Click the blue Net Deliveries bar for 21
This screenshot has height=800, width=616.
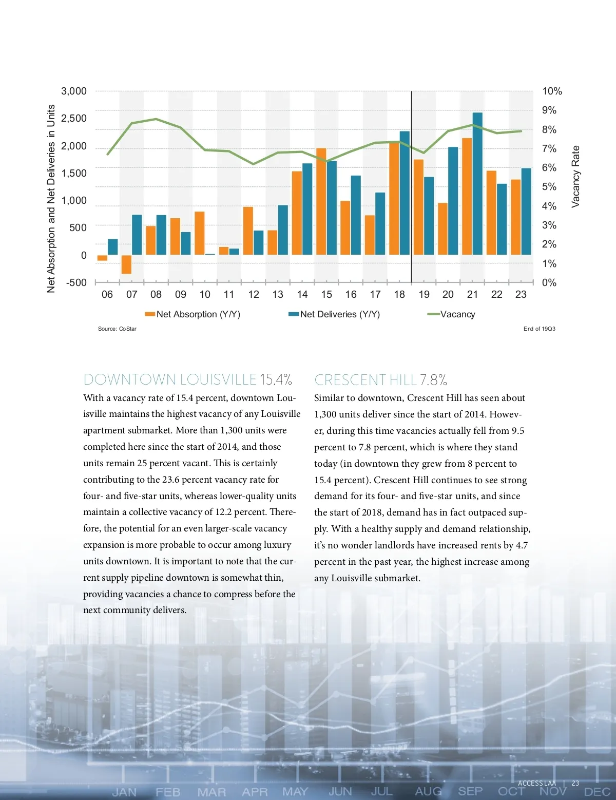point(477,183)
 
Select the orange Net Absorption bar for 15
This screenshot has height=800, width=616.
point(321,201)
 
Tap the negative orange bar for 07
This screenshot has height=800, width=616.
point(126,264)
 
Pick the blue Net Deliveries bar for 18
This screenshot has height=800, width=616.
point(405,193)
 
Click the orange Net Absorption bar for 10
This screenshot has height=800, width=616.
point(200,233)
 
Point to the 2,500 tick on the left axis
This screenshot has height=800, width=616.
point(74,119)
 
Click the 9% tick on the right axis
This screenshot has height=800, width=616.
point(549,110)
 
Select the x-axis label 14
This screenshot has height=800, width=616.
point(302,295)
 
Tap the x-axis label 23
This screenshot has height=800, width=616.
point(521,295)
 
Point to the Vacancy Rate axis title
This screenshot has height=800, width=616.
point(575,176)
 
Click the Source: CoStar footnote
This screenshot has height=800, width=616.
point(117,329)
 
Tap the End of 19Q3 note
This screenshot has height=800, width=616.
point(539,329)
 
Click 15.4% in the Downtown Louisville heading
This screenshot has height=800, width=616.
point(276,379)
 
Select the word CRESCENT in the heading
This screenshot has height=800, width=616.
point(350,380)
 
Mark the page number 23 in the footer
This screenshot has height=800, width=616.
point(575,783)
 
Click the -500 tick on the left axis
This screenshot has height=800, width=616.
point(76,283)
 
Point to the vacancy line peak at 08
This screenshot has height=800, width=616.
point(156,119)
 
